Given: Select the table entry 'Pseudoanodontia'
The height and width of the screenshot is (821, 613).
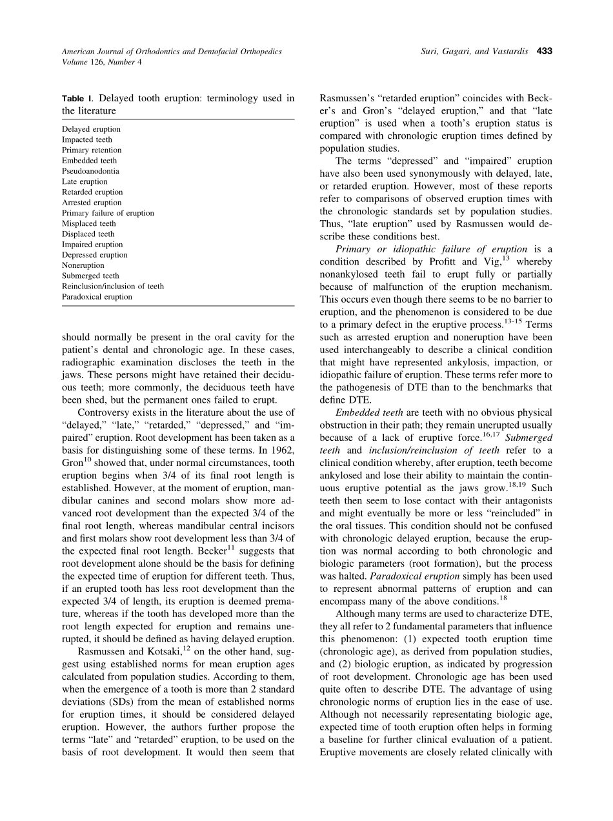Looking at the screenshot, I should tap(90, 171).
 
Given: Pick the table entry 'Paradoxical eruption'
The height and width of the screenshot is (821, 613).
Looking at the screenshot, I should tap(97, 297).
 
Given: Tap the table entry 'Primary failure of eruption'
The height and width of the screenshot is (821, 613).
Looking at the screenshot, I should tap(108, 213).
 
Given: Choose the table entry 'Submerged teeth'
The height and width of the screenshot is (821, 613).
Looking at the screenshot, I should tap(90, 276).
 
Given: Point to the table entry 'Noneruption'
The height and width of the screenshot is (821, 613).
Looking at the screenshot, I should tap(83, 265).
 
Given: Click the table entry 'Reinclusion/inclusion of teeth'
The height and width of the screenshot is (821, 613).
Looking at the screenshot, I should tap(113, 286).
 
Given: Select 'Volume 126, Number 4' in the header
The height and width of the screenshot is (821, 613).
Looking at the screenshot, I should tap(102, 62).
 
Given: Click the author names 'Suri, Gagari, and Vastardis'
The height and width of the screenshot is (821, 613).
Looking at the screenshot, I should tap(476, 51).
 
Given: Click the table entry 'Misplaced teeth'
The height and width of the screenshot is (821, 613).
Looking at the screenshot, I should tap(89, 223).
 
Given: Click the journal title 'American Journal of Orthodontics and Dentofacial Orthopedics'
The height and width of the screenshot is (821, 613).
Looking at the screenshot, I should tap(172, 51).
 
